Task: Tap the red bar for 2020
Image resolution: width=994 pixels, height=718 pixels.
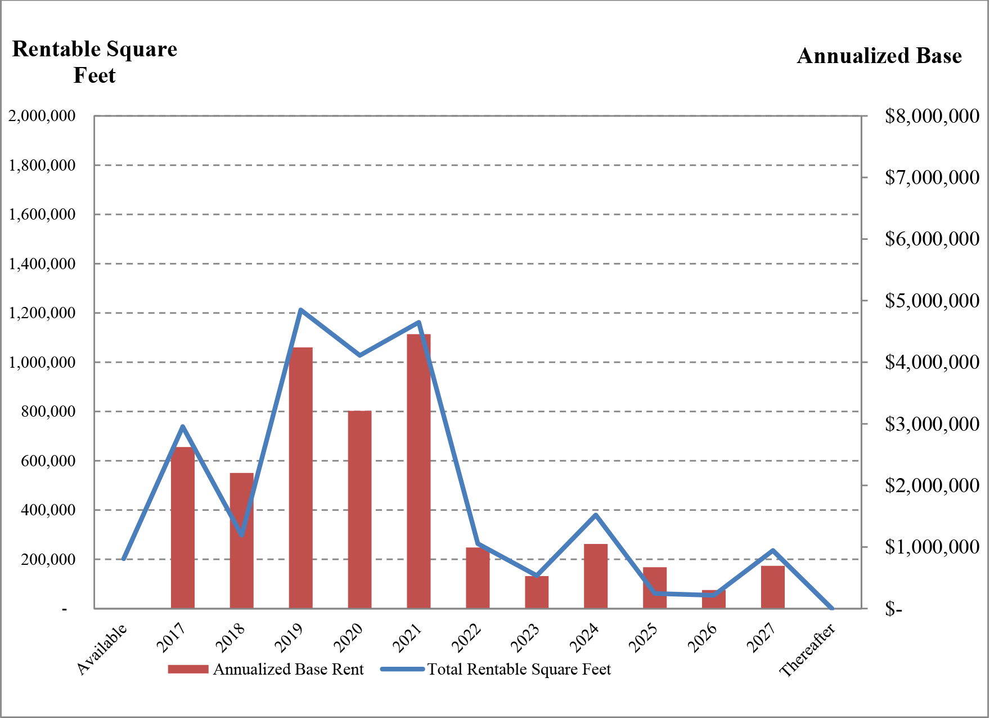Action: click(359, 509)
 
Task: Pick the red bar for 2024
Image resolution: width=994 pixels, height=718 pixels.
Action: click(596, 576)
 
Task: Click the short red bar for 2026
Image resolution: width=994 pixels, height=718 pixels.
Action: click(713, 599)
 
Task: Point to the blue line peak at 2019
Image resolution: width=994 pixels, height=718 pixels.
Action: click(301, 310)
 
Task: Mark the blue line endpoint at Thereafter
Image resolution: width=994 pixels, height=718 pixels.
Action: click(832, 608)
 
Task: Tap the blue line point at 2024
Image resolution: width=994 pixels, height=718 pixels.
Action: click(596, 515)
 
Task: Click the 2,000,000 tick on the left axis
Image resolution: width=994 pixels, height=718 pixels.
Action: click(42, 116)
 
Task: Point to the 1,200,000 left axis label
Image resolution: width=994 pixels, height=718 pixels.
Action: click(42, 313)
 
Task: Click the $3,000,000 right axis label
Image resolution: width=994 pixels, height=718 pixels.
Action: click(932, 423)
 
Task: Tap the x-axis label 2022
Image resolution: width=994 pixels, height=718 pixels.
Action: click(468, 638)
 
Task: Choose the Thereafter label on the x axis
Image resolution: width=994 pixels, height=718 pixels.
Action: click(808, 650)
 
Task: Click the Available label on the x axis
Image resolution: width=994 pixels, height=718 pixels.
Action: click(102, 649)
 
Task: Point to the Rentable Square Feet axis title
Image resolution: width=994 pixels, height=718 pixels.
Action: click(95, 62)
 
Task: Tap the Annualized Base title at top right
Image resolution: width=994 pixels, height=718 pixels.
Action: click(879, 56)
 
